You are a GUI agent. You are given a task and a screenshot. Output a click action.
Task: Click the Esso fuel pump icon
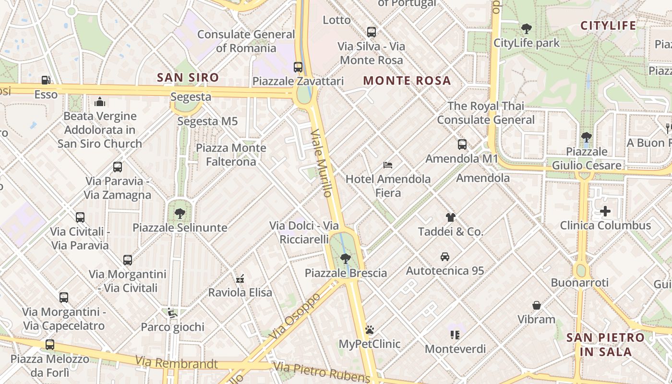(46, 80)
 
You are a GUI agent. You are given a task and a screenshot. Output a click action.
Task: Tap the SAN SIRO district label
(188, 77)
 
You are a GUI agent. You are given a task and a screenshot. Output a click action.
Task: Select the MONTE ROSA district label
(407, 81)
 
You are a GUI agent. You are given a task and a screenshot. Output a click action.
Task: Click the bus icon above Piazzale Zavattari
(298, 67)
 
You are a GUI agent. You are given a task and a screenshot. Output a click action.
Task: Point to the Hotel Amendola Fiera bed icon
(388, 165)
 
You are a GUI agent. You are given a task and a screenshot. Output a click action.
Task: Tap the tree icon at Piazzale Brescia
(345, 258)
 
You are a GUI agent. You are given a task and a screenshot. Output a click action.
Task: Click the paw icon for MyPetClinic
(369, 330)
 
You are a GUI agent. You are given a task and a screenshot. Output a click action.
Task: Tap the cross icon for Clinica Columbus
(605, 211)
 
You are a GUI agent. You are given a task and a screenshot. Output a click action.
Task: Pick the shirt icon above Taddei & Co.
(450, 217)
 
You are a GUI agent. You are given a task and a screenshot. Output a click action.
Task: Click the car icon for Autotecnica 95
(445, 256)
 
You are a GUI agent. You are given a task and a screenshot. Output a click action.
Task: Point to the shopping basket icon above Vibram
(537, 305)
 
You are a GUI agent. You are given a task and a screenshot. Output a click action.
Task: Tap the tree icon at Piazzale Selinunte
(180, 213)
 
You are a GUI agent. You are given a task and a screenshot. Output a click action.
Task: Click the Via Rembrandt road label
(176, 362)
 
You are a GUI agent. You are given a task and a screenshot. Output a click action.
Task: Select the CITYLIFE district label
(608, 25)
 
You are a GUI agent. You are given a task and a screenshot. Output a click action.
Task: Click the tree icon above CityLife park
(527, 28)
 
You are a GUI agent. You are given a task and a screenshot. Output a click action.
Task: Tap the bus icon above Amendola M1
(462, 144)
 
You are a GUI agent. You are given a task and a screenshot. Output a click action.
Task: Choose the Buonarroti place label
(580, 283)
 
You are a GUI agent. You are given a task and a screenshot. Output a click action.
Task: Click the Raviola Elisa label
(240, 292)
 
